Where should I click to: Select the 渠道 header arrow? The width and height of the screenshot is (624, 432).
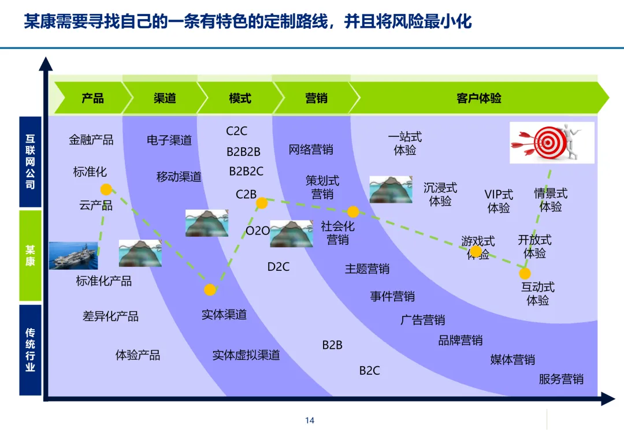click(165, 98)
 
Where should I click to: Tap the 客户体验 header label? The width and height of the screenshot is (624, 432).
click(479, 98)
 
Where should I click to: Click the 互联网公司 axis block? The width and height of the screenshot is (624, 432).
click(30, 162)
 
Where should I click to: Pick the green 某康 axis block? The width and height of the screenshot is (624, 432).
click(30, 255)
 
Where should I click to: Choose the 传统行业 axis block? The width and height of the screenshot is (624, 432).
click(30, 350)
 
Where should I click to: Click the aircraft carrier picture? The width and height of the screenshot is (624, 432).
click(73, 255)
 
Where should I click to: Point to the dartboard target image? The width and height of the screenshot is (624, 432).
click(551, 143)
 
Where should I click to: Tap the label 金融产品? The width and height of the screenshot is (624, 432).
click(91, 140)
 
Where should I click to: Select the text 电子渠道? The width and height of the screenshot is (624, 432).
click(169, 140)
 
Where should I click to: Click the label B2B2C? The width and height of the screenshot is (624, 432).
click(246, 171)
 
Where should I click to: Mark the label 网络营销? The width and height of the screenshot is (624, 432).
click(311, 150)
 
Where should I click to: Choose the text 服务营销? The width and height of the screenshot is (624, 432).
click(561, 379)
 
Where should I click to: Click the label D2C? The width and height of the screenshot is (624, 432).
click(278, 267)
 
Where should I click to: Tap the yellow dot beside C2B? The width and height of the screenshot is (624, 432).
click(262, 203)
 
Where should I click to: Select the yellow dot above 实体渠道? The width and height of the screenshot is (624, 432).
click(210, 289)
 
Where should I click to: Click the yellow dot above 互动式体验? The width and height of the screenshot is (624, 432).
click(525, 273)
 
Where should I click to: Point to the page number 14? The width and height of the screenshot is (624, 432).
click(310, 420)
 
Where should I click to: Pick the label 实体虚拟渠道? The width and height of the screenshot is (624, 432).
click(246, 355)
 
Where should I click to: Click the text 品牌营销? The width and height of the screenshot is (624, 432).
click(460, 340)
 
